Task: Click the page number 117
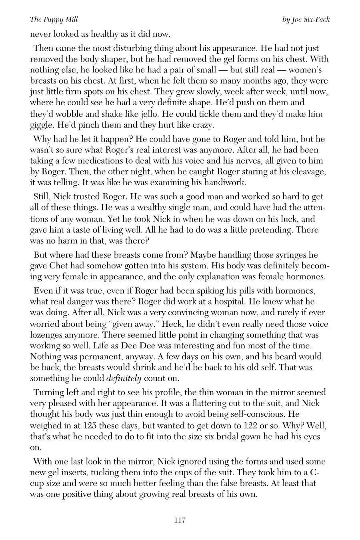[180, 520]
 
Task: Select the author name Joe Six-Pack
[311, 20]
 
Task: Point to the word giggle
[42, 125]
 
